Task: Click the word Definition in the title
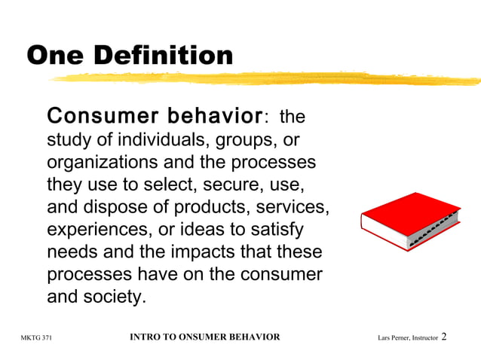pyautogui.click(x=165, y=55)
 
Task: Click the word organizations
pyautogui.click(x=101, y=163)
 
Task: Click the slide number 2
pyautogui.click(x=444, y=336)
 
